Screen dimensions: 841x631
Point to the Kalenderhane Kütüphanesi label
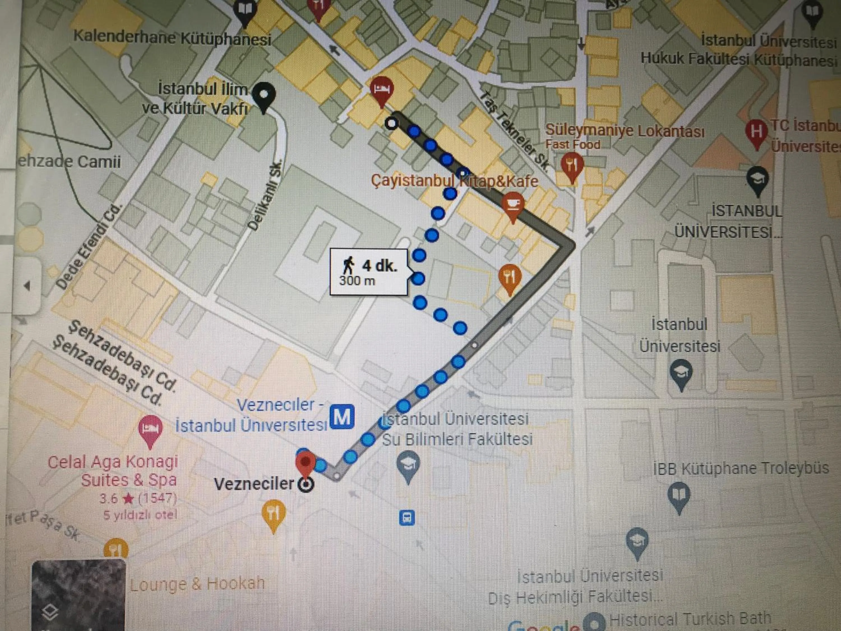[172, 38]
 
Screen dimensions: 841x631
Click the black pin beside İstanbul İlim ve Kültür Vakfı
[264, 96]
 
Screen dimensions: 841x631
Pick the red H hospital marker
[756, 132]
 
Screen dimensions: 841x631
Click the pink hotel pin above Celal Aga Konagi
[151, 430]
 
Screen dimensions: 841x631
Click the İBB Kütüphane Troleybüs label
[741, 469]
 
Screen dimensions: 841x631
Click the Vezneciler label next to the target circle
[254, 484]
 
